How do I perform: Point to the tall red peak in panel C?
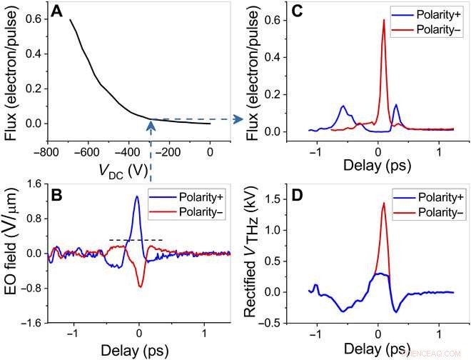point(384,21)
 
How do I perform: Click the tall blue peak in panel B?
point(136,196)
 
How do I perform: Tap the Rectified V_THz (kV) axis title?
point(252,256)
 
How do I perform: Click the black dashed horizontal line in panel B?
point(136,239)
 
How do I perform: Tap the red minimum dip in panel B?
point(141,286)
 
